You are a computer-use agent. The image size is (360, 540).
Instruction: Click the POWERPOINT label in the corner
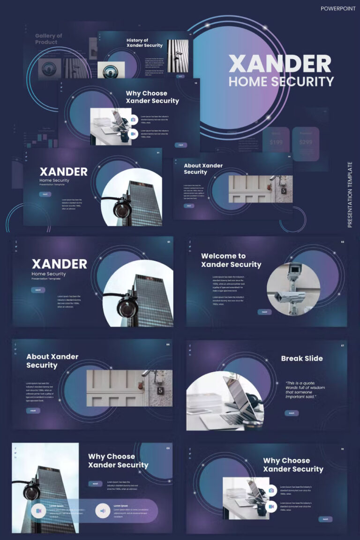[x=338, y=8]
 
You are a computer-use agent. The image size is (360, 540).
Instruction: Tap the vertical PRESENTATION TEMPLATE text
[x=350, y=195]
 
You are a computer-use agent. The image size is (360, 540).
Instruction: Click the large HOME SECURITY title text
[x=281, y=82]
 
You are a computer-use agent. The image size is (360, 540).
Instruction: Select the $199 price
[x=276, y=142]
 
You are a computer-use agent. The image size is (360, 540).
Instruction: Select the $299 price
[x=305, y=142]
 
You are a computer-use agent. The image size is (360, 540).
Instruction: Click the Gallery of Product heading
[x=49, y=39]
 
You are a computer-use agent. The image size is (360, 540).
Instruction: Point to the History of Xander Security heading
[x=144, y=43]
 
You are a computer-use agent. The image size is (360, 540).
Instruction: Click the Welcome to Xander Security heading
[x=231, y=260]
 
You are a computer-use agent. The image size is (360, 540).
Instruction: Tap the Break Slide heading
[x=302, y=359]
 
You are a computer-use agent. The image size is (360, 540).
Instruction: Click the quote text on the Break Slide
[x=305, y=390]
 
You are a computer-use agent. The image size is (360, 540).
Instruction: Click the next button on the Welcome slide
[x=264, y=312]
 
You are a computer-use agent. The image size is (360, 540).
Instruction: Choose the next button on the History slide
[x=180, y=76]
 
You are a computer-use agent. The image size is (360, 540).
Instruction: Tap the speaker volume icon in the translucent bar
[x=103, y=510]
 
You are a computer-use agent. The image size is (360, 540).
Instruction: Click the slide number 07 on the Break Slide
[x=342, y=345]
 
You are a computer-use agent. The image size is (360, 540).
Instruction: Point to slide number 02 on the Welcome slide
[x=342, y=242]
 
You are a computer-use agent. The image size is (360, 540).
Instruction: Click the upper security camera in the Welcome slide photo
[x=294, y=270]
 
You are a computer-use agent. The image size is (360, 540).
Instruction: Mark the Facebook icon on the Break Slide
[x=190, y=346]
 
